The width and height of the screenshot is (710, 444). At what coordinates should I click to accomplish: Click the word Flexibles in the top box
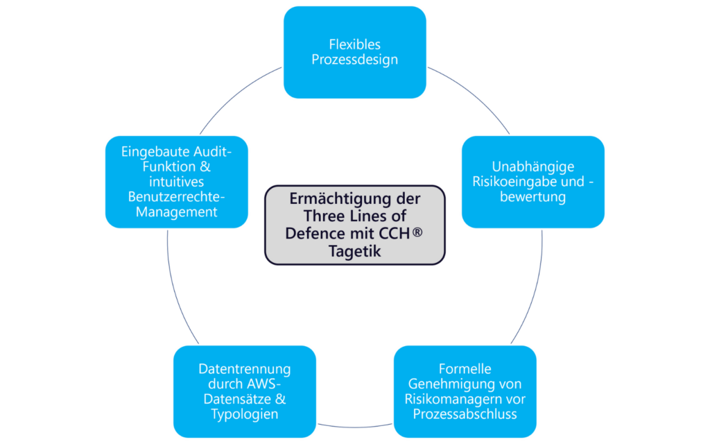pyautogui.click(x=354, y=45)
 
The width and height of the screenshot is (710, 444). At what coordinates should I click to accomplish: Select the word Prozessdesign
pyautogui.click(x=354, y=60)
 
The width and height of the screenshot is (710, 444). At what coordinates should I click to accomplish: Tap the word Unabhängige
pyautogui.click(x=533, y=167)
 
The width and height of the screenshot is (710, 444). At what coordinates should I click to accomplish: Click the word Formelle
pyautogui.click(x=465, y=369)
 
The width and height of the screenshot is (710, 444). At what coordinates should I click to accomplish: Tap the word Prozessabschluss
pyautogui.click(x=465, y=414)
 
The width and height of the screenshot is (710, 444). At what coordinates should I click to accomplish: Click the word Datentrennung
pyautogui.click(x=245, y=369)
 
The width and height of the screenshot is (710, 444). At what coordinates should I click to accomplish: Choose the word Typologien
pyautogui.click(x=245, y=414)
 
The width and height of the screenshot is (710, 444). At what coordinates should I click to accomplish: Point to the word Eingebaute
pyautogui.click(x=150, y=152)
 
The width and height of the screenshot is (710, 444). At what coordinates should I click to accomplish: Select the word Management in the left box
pyautogui.click(x=177, y=212)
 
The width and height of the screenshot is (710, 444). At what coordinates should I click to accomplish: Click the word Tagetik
pyautogui.click(x=354, y=250)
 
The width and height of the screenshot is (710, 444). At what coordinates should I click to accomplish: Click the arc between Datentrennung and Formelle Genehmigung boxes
pyautogui.click(x=354, y=425)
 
